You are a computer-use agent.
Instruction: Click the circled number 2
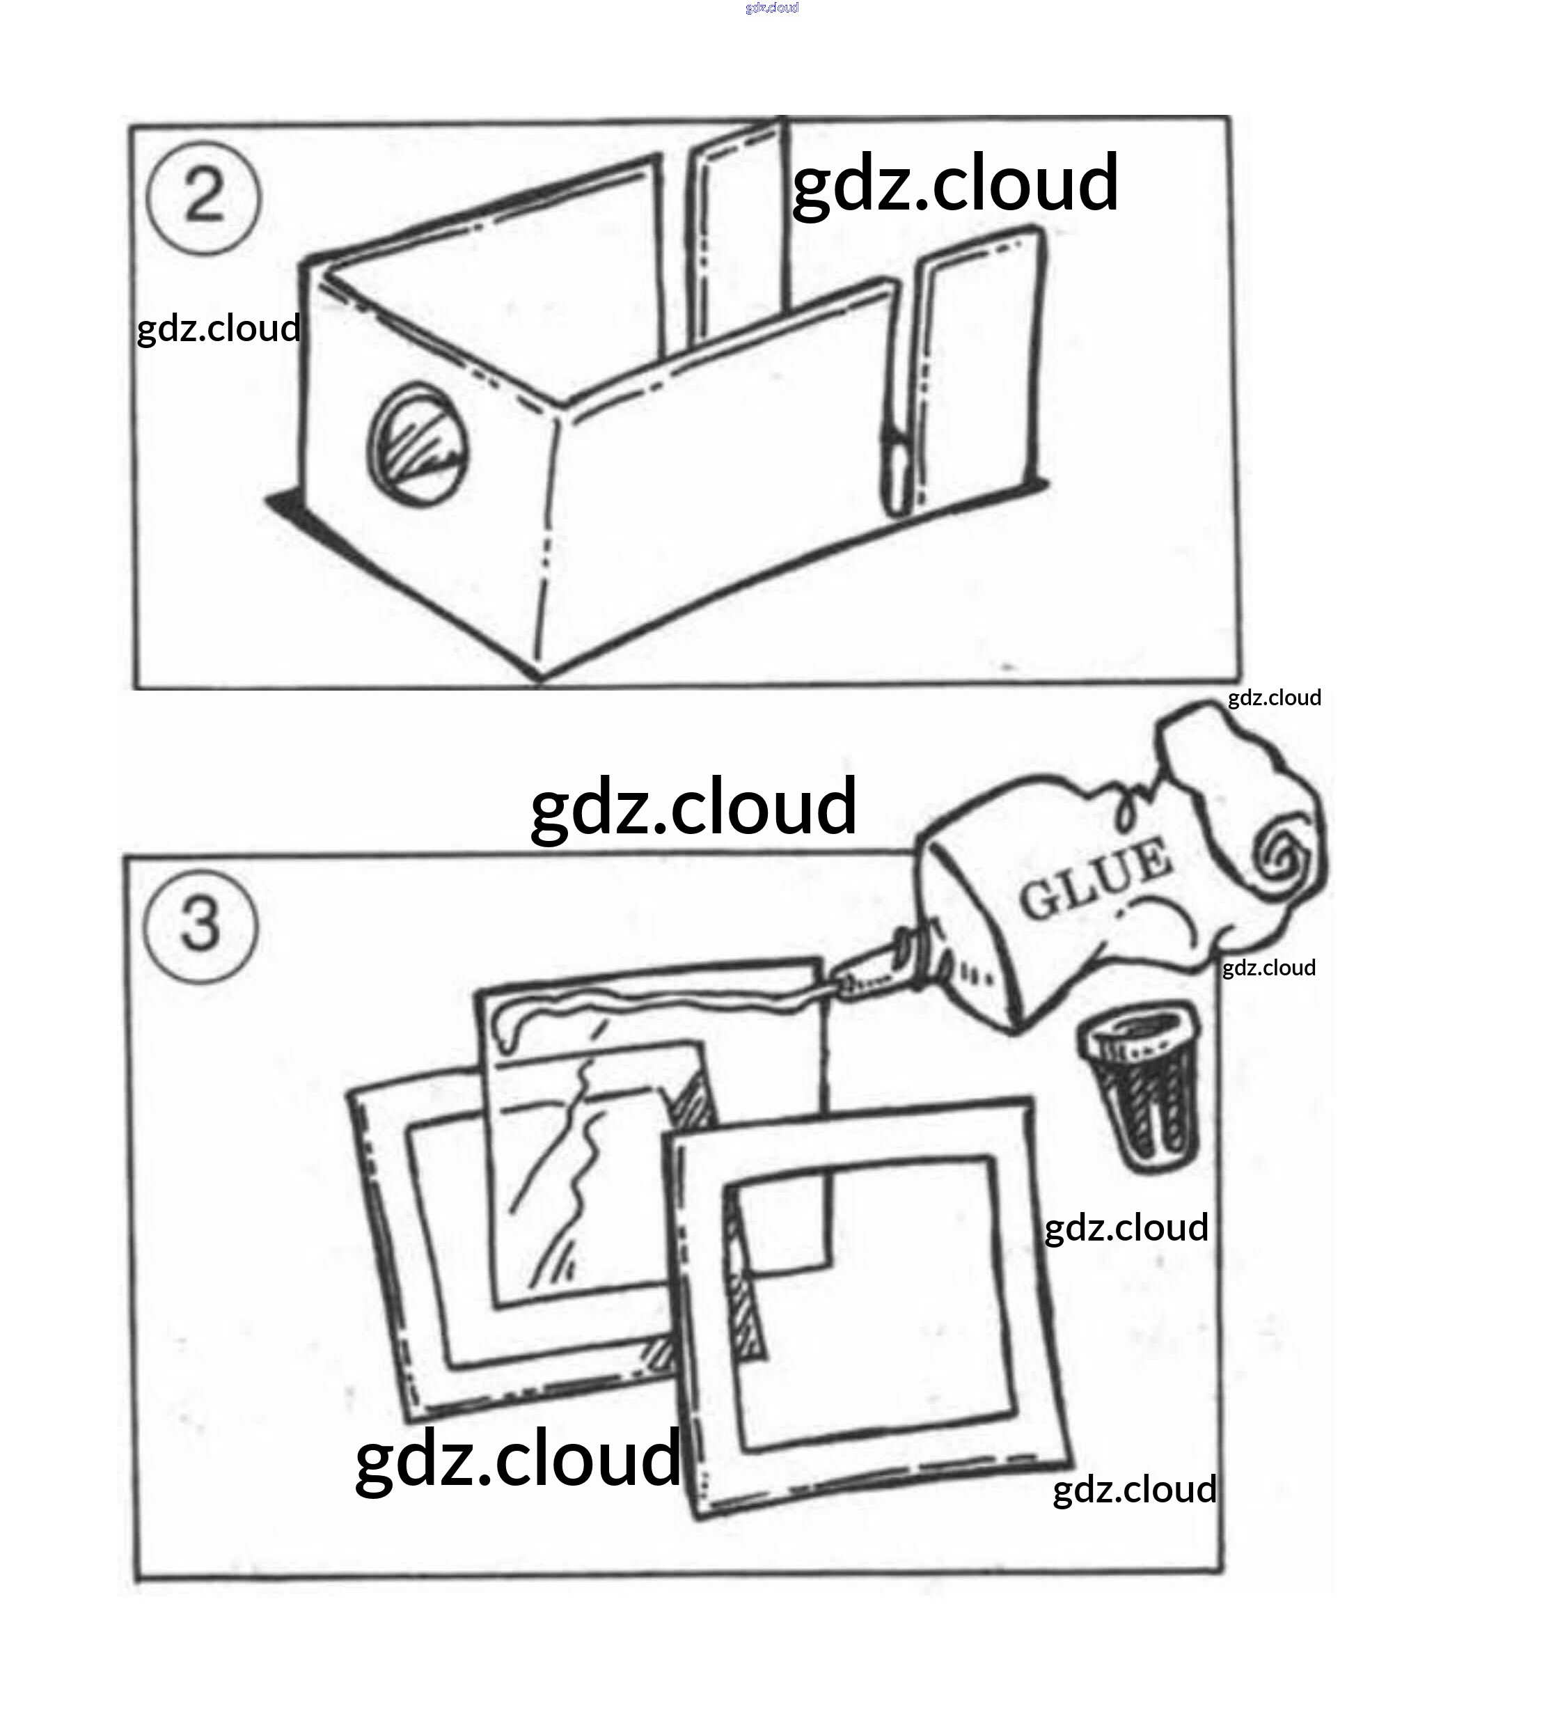[x=203, y=198]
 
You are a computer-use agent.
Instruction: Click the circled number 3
[x=201, y=926]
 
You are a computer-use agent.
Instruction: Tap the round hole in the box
[x=418, y=445]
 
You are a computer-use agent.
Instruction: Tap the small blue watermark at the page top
[x=771, y=8]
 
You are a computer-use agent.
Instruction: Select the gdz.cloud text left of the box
[x=218, y=329]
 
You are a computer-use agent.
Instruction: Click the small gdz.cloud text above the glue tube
[x=1273, y=698]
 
